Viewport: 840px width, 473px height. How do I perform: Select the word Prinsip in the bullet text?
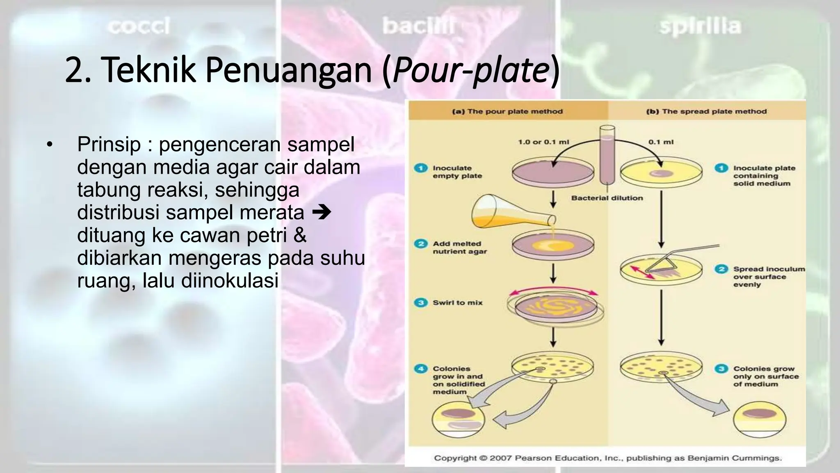109,145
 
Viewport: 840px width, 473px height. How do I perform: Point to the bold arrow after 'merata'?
321,213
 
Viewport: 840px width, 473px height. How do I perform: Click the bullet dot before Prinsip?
50,145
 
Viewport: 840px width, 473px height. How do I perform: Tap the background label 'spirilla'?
700,27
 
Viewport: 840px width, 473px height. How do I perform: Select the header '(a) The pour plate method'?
507,111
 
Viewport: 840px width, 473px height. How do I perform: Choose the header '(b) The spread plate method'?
706,111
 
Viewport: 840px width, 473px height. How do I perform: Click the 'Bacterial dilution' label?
607,198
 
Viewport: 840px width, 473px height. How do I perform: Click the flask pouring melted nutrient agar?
509,212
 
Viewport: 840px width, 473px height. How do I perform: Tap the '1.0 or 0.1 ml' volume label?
543,142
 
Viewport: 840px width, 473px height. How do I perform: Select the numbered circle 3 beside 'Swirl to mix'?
420,303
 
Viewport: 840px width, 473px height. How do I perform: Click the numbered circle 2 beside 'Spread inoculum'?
721,269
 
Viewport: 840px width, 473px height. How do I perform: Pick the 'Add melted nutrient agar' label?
459,248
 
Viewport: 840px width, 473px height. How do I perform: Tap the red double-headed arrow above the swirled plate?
553,292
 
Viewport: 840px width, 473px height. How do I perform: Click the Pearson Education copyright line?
608,458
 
